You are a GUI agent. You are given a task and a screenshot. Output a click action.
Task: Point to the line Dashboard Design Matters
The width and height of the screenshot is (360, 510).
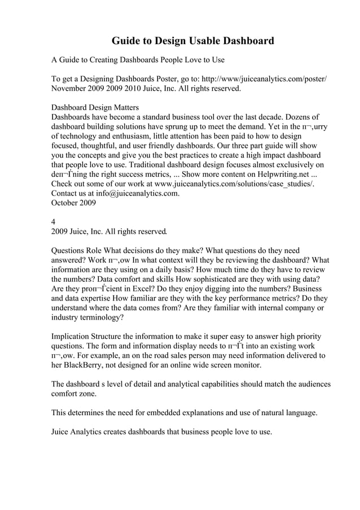click(95, 107)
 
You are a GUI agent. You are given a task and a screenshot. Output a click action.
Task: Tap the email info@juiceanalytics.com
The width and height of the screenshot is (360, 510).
click(138, 194)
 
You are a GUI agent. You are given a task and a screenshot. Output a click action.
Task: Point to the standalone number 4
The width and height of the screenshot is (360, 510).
click(54, 222)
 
